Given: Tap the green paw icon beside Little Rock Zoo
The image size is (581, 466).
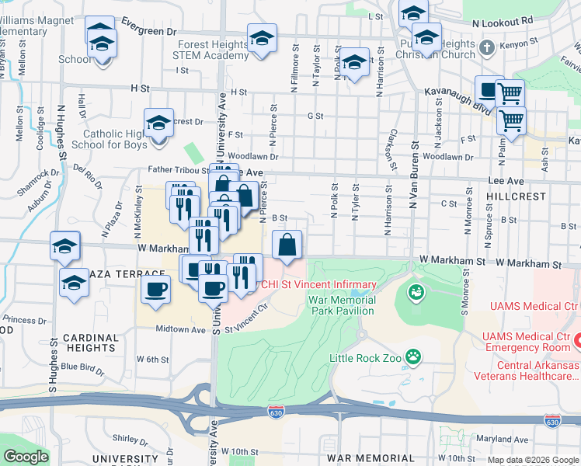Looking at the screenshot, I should (416, 357).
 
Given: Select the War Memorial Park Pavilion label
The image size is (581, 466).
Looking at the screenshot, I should (342, 305).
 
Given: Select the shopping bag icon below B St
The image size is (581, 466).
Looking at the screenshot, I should (287, 245).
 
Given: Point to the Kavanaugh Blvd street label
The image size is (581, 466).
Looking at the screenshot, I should (453, 92).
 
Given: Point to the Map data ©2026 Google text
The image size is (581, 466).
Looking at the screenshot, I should (532, 460).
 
